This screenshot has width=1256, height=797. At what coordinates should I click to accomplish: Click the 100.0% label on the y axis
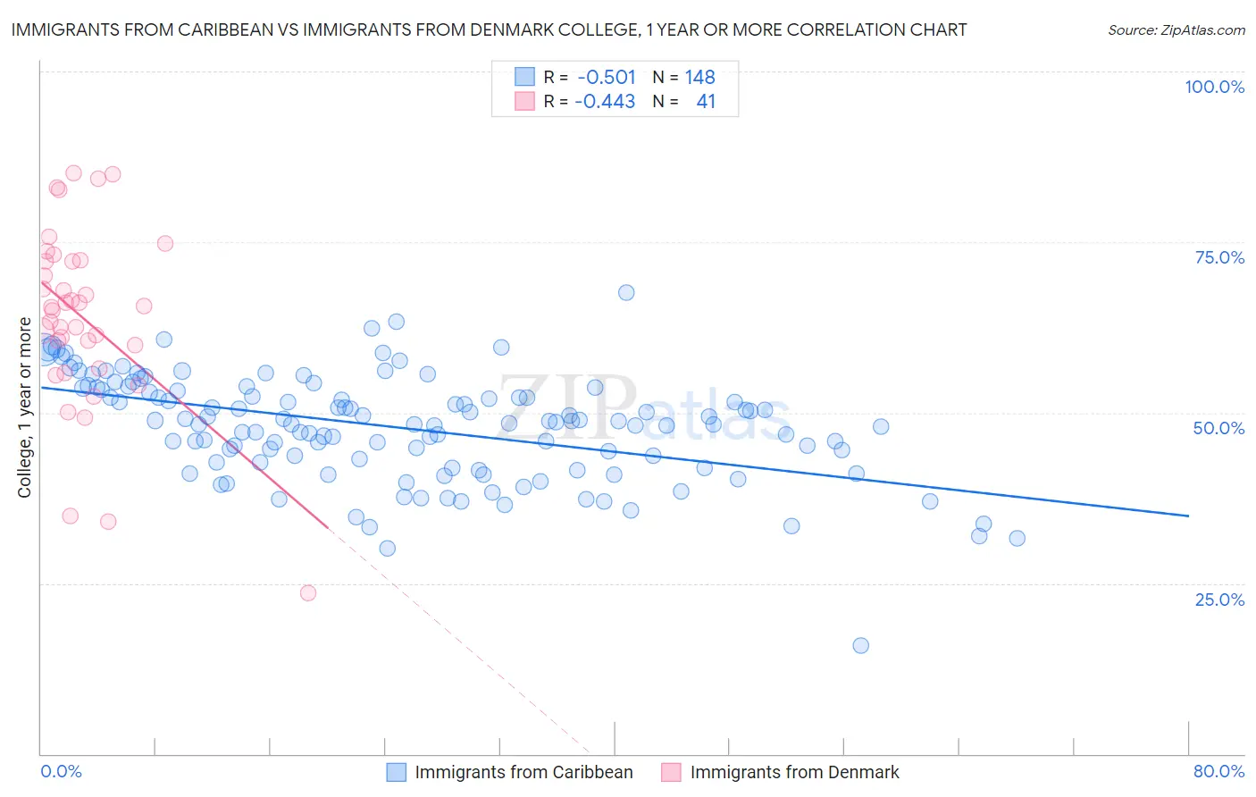tap(1214, 87)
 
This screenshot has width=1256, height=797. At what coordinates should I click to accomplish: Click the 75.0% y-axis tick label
tap(1219, 257)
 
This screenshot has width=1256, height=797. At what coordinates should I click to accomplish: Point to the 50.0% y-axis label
tap(1218, 428)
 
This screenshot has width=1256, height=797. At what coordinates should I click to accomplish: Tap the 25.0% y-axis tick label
tap(1219, 599)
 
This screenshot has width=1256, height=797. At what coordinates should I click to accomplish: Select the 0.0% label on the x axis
tap(61, 771)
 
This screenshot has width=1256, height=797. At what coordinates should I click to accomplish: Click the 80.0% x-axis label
tap(1218, 771)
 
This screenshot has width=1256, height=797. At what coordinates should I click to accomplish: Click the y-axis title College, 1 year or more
tap(24, 407)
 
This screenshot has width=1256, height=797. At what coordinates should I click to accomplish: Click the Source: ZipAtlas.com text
tap(1176, 29)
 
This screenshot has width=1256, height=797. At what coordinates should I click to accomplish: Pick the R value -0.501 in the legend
tap(607, 77)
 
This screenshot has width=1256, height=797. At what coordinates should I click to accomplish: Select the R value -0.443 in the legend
tap(605, 101)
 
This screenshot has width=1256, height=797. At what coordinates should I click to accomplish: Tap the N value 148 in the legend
tap(699, 77)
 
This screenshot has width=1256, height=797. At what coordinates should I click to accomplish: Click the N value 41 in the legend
tap(706, 101)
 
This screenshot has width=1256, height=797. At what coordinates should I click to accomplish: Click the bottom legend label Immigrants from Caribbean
tap(523, 772)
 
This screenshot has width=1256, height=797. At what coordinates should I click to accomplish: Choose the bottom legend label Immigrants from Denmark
tap(794, 772)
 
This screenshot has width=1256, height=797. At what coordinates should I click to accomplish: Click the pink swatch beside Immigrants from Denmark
tap(671, 772)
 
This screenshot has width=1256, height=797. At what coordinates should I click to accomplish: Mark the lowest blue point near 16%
tap(860, 645)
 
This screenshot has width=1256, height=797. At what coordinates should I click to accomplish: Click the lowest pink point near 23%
tap(308, 592)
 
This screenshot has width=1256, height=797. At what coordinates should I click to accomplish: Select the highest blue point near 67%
tap(626, 292)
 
